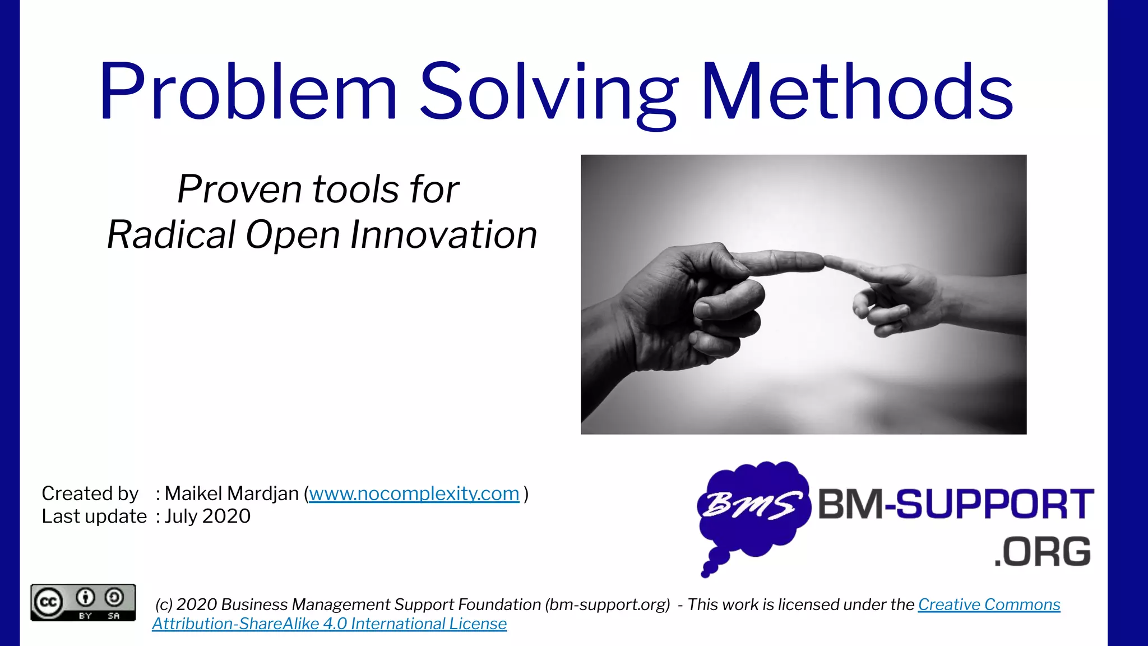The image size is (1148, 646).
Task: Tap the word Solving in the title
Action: pyautogui.click(x=549, y=93)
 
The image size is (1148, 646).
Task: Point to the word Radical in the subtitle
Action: pyautogui.click(x=171, y=234)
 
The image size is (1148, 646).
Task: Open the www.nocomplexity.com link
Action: pyautogui.click(x=414, y=493)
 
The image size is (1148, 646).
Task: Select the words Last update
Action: pyautogui.click(x=94, y=516)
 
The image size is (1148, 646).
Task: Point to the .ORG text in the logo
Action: pyautogui.click(x=1043, y=552)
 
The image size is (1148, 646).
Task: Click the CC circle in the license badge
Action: pyautogui.click(x=48, y=602)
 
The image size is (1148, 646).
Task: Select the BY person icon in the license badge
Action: pyautogui.click(x=85, y=598)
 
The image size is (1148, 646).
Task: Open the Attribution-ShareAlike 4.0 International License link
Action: pyautogui.click(x=329, y=624)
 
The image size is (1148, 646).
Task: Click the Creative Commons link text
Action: pyautogui.click(x=989, y=605)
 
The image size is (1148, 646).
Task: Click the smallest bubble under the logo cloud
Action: pyautogui.click(x=706, y=573)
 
